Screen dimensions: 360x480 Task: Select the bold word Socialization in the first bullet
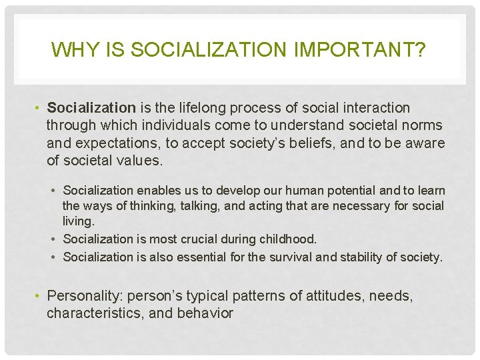pyautogui.click(x=91, y=107)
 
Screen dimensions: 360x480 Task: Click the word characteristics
pyautogui.click(x=91, y=313)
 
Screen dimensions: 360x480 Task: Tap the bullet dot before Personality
pyautogui.click(x=39, y=295)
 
